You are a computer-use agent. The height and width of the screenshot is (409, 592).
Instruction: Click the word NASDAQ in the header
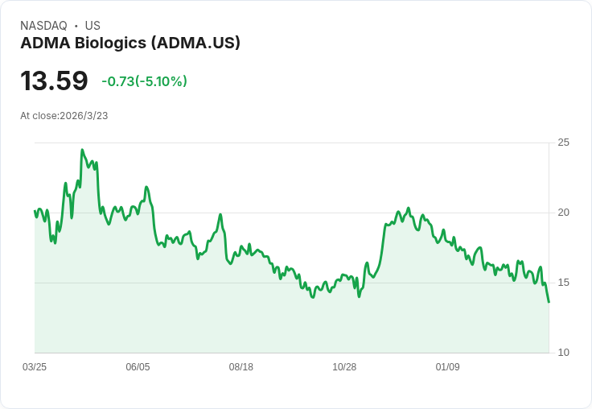[x=43, y=26]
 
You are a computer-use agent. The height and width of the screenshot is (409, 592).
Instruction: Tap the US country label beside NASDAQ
[x=92, y=26]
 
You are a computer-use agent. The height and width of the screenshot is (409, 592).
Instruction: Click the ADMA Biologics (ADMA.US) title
[x=130, y=43]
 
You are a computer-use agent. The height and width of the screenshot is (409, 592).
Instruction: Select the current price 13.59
[x=54, y=81]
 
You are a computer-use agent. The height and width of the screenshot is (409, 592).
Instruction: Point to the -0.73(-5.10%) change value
[x=144, y=81]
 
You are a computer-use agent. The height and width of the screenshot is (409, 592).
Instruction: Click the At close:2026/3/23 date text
[x=64, y=116]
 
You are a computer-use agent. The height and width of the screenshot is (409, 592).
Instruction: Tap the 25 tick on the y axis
[x=564, y=143]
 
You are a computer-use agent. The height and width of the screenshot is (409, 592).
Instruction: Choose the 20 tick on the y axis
[x=564, y=213]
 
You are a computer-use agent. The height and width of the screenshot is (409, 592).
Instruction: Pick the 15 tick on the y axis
[x=564, y=283]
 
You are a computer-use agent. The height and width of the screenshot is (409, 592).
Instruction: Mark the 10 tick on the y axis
[x=564, y=353]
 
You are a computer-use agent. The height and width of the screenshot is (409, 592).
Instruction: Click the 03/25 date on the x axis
[x=35, y=367]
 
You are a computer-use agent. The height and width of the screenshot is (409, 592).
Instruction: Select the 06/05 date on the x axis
[x=138, y=367]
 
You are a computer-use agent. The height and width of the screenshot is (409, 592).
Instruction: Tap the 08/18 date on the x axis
[x=241, y=367]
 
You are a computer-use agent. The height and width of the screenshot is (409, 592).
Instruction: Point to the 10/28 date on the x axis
[x=344, y=367]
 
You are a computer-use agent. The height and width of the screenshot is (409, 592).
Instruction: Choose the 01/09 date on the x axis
[x=447, y=367]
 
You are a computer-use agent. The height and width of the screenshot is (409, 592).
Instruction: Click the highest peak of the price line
[x=82, y=150]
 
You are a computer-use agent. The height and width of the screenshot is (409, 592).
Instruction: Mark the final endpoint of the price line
[x=549, y=302]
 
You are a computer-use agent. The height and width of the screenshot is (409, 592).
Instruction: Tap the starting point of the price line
[x=35, y=211]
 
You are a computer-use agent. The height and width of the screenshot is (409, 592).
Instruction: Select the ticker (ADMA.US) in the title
[x=195, y=43]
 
